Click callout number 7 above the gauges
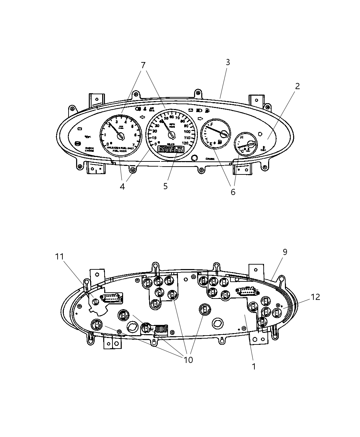click(x=143, y=65)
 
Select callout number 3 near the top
click(x=228, y=62)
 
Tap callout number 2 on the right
click(x=297, y=86)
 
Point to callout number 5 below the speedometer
click(x=166, y=186)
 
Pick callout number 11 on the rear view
click(x=60, y=256)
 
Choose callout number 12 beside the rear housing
click(x=315, y=297)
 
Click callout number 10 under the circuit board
click(x=188, y=360)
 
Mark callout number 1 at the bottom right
click(x=254, y=366)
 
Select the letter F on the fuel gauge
click(x=212, y=124)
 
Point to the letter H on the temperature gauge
click(x=242, y=137)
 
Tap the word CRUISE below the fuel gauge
click(x=210, y=159)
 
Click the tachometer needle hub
click(x=120, y=136)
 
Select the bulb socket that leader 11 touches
click(x=96, y=301)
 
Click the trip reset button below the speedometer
click(x=194, y=158)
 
